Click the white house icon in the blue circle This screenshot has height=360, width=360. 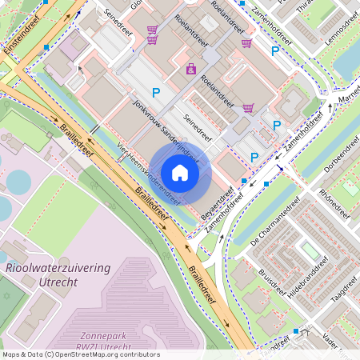[180, 173]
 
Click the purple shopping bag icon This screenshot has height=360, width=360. [191, 70]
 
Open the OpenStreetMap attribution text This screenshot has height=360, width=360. [81, 354]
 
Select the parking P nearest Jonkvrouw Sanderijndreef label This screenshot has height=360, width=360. [156, 93]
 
